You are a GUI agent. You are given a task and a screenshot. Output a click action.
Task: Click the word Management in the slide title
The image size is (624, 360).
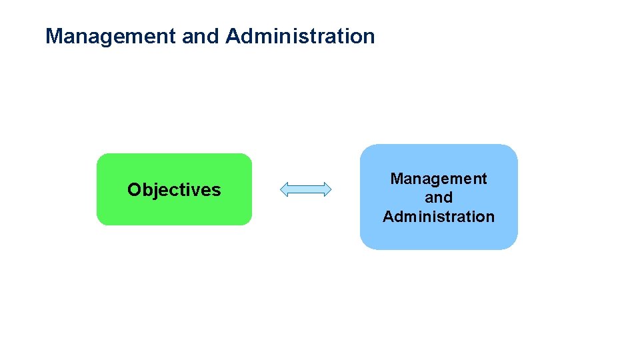pos(111,36)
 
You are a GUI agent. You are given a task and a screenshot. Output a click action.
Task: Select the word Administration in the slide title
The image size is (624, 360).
pos(300,36)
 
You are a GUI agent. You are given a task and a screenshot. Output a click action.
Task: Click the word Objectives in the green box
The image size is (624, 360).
pos(174,190)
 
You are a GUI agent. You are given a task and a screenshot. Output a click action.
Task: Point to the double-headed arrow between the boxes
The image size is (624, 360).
pos(305,189)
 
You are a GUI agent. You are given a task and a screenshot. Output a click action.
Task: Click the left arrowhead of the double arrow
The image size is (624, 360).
pos(284,189)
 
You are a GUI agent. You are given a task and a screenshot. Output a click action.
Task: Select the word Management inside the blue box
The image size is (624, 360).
pos(439,179)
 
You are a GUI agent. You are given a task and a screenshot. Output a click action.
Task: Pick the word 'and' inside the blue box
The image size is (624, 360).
pos(439,197)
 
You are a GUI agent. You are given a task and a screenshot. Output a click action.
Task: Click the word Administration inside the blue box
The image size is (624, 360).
pos(439,217)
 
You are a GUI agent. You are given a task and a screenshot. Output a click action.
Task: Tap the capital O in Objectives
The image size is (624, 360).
pos(134,190)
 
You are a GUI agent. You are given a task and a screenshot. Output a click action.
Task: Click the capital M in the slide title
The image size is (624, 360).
pos(53,36)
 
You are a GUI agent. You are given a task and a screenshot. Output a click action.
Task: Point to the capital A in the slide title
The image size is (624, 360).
pos(233,36)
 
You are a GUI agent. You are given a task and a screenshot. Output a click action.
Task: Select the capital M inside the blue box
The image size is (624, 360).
pos(396,179)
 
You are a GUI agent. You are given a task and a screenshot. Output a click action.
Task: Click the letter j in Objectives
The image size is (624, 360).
pos(155,191)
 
